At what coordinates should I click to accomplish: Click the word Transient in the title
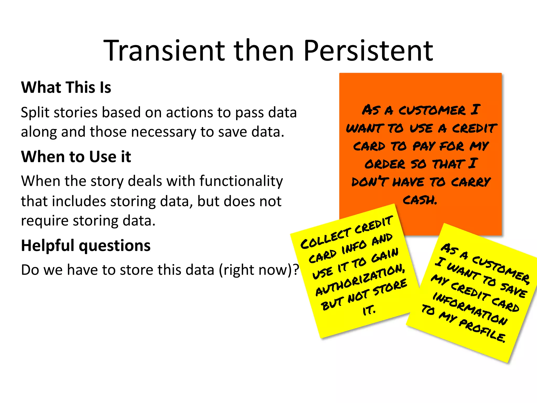(164, 50)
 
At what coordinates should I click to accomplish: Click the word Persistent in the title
(368, 50)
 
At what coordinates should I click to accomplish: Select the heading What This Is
(66, 87)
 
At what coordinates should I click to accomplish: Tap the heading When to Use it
(76, 157)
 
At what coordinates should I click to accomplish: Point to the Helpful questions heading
(86, 246)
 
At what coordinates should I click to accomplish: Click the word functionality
(241, 181)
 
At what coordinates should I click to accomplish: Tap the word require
(45, 221)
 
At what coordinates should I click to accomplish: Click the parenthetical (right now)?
(259, 270)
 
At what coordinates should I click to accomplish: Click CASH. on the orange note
(420, 200)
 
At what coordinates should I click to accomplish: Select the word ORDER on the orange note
(385, 164)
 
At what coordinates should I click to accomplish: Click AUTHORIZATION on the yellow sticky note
(360, 280)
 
